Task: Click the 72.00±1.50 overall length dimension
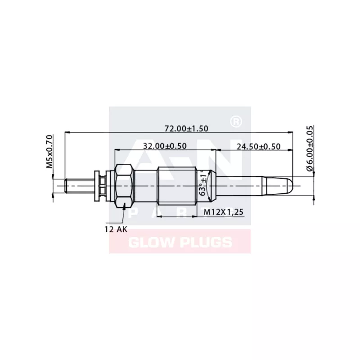(186, 128)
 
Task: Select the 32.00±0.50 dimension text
(165, 146)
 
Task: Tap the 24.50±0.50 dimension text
(258, 146)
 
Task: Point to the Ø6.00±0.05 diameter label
(309, 148)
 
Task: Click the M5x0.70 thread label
(50, 151)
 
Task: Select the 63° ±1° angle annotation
(203, 184)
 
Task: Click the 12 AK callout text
(116, 229)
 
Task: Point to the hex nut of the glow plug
(124, 185)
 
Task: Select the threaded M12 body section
(178, 185)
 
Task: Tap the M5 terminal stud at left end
(76, 185)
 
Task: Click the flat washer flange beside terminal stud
(96, 185)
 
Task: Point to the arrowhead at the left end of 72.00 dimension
(67, 133)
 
